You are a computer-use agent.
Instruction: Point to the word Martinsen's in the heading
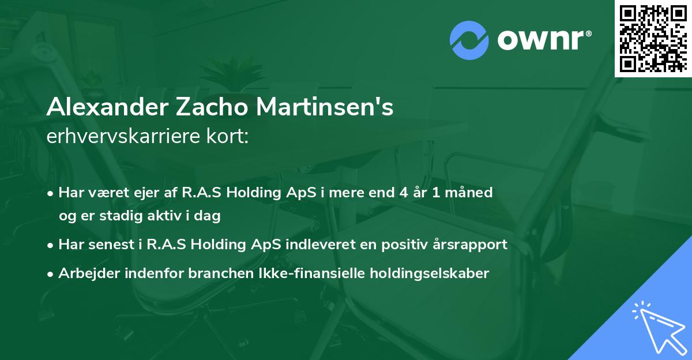(x=326, y=108)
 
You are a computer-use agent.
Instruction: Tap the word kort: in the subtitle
(x=229, y=137)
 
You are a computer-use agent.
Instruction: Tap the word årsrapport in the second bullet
(x=469, y=245)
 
